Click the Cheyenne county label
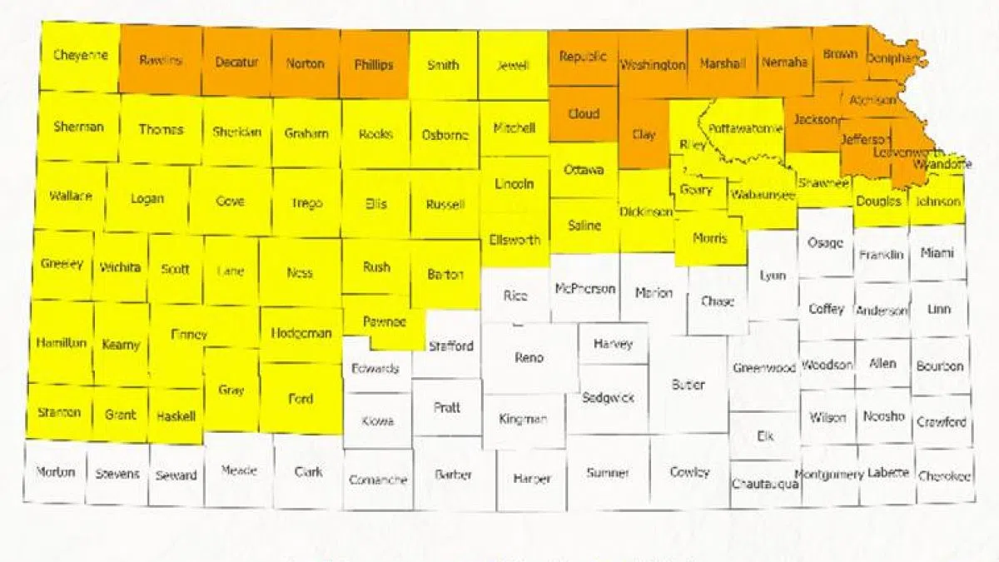80,56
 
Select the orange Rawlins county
161,60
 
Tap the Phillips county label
373,64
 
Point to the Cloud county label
584,114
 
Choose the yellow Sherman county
78,127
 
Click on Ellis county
375,204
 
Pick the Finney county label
188,335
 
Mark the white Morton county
56,472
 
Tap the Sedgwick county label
608,397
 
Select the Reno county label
529,357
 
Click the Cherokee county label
944,476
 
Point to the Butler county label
688,385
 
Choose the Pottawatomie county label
746,128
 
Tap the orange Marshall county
722,63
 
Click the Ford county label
301,398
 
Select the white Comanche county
378,480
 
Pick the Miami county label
937,252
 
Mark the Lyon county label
773,276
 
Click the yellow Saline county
584,226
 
